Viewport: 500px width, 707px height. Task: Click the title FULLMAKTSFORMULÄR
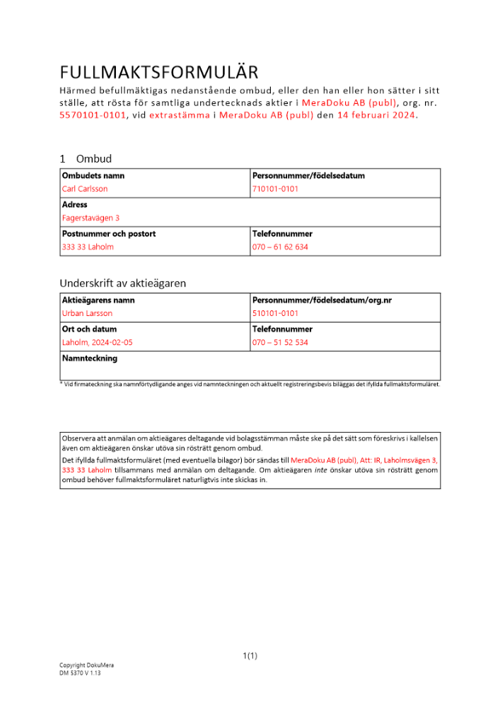159,72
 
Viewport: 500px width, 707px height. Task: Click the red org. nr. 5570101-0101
93,115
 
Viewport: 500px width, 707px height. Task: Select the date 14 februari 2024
377,115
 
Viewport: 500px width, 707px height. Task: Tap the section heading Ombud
94,159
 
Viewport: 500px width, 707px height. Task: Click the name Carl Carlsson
85,189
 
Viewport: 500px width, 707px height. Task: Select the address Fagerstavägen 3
91,218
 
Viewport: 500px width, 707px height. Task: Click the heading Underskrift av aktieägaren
122,283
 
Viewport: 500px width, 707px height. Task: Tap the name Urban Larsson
87,313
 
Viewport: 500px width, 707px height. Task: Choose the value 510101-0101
275,313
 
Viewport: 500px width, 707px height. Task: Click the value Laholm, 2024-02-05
97,343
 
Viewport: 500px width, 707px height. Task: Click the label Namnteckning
89,358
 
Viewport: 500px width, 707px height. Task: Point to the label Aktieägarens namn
98,300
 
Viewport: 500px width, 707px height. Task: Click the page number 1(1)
250,656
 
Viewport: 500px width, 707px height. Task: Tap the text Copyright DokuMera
86,665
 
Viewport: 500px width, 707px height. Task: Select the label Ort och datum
90,329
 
